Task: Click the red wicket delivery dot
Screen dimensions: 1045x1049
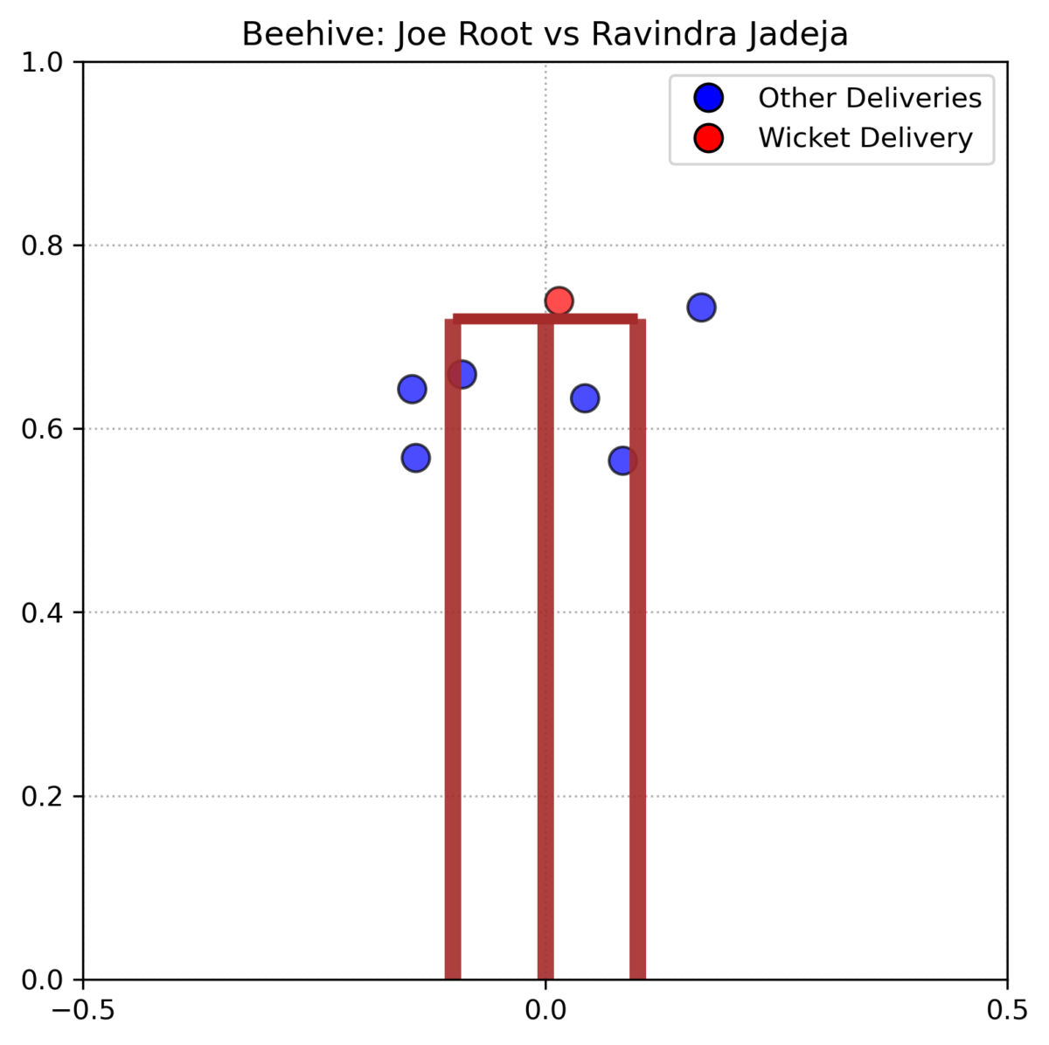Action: [559, 301]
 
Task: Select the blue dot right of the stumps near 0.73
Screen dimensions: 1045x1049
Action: [701, 308]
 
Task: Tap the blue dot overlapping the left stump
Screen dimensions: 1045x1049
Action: [462, 375]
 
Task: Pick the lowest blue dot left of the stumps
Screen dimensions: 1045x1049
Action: [415, 458]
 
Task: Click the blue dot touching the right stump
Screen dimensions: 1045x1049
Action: [622, 460]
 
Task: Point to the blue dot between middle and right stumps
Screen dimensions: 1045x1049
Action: [585, 398]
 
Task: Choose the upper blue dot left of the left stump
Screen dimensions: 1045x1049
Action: [412, 389]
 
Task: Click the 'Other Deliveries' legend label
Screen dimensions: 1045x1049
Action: [870, 98]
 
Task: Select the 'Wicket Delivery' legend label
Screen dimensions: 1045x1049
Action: [865, 138]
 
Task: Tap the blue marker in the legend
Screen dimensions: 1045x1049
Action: [708, 98]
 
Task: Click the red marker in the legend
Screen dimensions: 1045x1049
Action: [708, 138]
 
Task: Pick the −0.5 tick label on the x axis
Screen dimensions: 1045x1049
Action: [83, 1010]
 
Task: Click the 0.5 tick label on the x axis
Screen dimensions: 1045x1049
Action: [1007, 1010]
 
